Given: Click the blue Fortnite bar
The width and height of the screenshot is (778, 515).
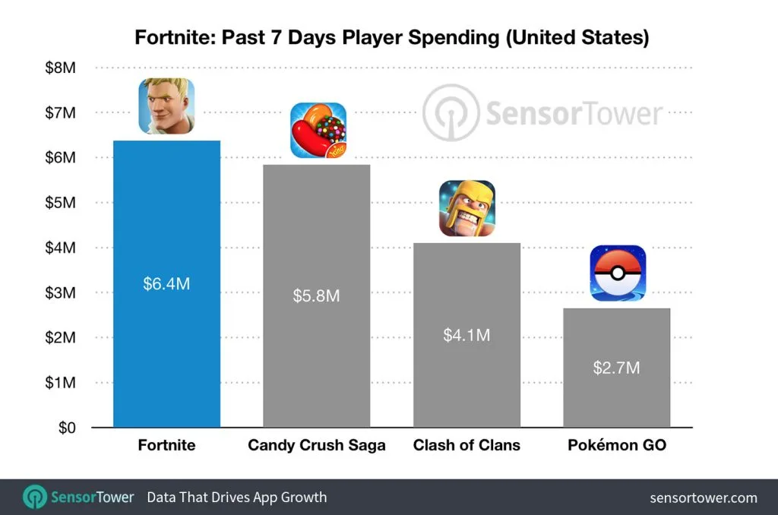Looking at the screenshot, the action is pos(166,284).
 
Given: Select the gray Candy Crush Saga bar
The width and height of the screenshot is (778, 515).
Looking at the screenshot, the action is pos(317,295).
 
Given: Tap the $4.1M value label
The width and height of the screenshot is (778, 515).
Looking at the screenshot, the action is pos(466,336).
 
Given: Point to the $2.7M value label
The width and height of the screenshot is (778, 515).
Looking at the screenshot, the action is pos(617,368).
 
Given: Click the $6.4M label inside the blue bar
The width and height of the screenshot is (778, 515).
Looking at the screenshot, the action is pos(166,284).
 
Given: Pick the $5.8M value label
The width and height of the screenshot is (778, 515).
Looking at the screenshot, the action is pos(317,295).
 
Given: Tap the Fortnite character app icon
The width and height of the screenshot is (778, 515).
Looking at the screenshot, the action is pos(166,106).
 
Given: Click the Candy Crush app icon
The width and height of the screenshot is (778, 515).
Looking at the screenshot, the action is pos(318,131).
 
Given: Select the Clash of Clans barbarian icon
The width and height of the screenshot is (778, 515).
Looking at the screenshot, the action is pos(467,208).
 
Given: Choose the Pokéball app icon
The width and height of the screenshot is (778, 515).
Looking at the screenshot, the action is pos(618,273).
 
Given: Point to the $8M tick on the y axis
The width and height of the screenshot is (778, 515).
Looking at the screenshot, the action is pos(61,68).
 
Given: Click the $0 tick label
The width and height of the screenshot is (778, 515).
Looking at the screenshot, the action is pos(67,428).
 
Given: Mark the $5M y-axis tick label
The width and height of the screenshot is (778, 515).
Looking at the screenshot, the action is pos(61,202).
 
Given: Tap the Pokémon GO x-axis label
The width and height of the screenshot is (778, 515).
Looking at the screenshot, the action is pos(617,445).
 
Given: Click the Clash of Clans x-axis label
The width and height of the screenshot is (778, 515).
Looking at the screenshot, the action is pos(466,445).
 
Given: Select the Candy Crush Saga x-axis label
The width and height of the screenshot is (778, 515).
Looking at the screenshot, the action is pos(317,445).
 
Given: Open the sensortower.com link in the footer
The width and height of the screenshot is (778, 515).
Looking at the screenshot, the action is pos(704,498).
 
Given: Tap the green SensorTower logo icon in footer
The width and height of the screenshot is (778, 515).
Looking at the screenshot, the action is pos(35,497).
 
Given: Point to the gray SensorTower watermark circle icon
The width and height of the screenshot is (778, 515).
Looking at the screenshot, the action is pos(451,112).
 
